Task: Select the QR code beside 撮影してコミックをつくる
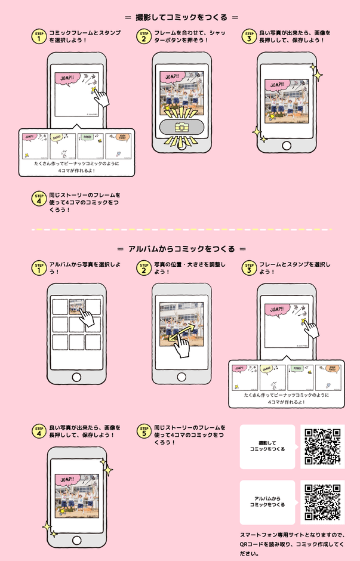tap(322, 446)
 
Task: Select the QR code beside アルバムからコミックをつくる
tap(322, 503)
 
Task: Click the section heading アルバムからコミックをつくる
tap(180, 248)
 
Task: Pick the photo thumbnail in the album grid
tap(75, 306)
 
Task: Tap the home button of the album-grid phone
tap(76, 377)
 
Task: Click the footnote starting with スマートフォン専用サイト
tap(292, 544)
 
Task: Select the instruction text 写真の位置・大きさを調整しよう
tap(189, 268)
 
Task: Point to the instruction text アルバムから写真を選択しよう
tap(85, 268)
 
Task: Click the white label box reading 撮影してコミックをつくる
tap(267, 446)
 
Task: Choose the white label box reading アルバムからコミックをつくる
tap(267, 503)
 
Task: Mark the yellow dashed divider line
tap(180, 229)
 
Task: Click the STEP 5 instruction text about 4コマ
tap(189, 431)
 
